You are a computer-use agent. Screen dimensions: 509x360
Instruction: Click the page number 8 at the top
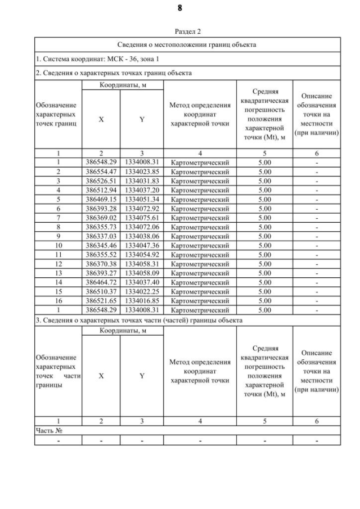point(179,8)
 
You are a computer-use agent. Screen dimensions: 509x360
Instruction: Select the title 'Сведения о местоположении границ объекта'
point(187,45)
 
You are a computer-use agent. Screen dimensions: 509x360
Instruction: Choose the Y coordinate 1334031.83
point(142,181)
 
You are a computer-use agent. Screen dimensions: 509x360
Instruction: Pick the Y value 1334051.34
point(142,199)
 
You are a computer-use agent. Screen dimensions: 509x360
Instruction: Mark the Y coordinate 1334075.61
point(142,218)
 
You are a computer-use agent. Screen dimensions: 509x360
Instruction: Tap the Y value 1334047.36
point(142,245)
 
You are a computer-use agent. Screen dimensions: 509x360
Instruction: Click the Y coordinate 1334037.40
point(142,282)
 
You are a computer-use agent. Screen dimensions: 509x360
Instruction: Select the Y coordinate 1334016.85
point(142,301)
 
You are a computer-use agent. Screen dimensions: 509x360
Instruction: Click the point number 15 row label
point(58,291)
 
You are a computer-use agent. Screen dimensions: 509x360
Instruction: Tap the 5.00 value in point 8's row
point(264,227)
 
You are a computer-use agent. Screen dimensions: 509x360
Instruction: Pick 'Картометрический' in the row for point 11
point(200,255)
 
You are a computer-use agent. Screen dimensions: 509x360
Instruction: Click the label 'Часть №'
point(48,430)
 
